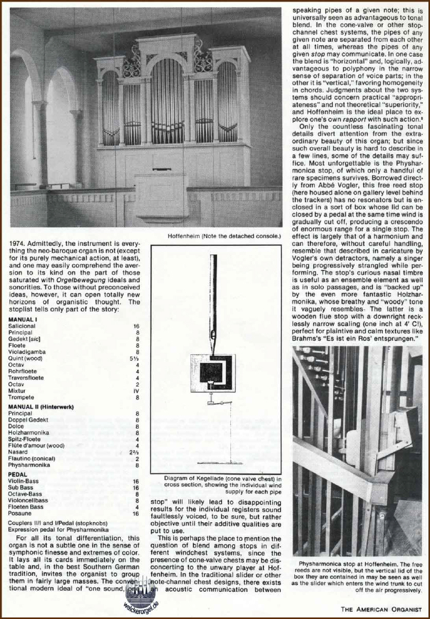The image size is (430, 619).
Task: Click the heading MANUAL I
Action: [22, 319]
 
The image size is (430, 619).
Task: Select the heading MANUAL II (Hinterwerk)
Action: [41, 407]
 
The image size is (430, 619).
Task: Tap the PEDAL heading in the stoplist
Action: [18, 474]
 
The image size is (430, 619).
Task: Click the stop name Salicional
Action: [22, 326]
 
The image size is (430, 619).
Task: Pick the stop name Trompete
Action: [22, 397]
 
